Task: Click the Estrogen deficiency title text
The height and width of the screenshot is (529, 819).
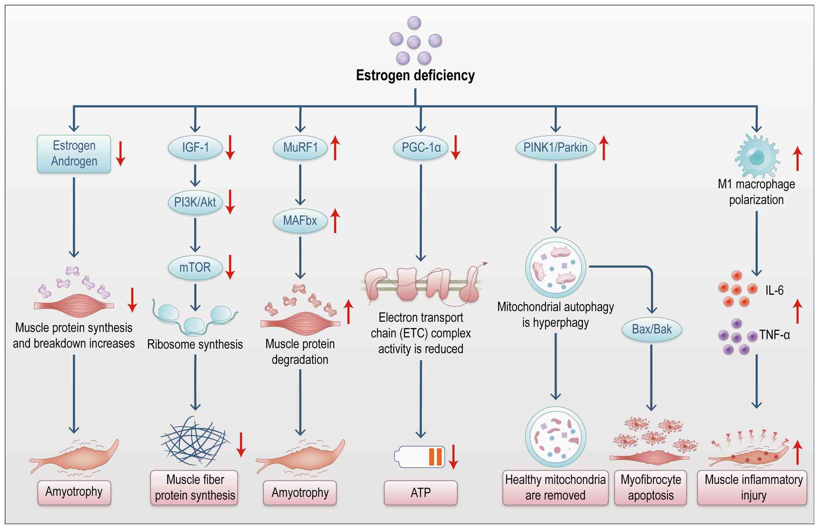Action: [415, 75]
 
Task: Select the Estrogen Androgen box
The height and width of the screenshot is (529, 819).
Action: [74, 154]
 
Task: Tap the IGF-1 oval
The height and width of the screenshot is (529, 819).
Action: [195, 147]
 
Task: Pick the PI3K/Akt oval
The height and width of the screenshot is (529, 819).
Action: [195, 202]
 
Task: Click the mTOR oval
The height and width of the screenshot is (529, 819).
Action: [195, 268]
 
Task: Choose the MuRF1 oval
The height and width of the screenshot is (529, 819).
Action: [300, 147]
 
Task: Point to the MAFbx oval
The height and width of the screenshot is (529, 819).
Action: [300, 221]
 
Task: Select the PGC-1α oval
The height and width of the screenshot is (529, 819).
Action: [421, 147]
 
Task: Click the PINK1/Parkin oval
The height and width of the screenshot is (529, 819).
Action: [555, 147]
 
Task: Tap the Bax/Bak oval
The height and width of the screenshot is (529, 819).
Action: [652, 330]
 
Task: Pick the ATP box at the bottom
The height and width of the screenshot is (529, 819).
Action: [420, 493]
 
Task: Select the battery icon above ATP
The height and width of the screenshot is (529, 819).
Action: [420, 457]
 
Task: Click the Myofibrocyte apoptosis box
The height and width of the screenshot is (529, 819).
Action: [651, 488]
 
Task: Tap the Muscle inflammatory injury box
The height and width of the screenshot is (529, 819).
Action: [752, 488]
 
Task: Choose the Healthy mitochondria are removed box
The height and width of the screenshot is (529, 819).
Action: [555, 488]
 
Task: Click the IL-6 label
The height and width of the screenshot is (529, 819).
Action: [774, 290]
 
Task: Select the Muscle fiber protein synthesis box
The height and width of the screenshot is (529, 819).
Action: [195, 488]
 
